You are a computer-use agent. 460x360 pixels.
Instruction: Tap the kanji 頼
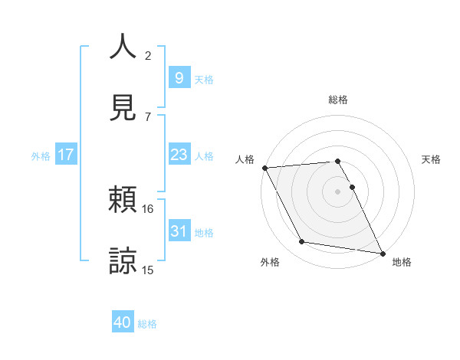pyautogui.click(x=123, y=201)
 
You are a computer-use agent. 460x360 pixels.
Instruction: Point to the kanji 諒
pyautogui.click(x=123, y=260)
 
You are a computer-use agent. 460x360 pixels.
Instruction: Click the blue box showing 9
pyautogui.click(x=179, y=77)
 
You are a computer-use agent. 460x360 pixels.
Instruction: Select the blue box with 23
pyautogui.click(x=179, y=155)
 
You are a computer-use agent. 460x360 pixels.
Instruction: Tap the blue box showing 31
pyautogui.click(x=179, y=231)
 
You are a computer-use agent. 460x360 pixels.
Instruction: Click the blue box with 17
pyautogui.click(x=66, y=155)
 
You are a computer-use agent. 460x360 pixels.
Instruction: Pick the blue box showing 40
pyautogui.click(x=123, y=323)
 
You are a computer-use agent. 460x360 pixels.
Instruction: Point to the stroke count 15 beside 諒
pyautogui.click(x=148, y=269)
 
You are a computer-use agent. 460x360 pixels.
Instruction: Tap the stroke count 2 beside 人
pyautogui.click(x=148, y=55)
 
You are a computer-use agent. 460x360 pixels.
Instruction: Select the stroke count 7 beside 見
pyautogui.click(x=148, y=116)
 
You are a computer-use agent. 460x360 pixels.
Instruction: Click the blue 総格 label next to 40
pyautogui.click(x=147, y=324)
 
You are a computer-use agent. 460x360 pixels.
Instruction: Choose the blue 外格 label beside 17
pyautogui.click(x=41, y=155)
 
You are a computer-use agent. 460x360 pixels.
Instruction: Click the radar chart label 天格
pyautogui.click(x=432, y=159)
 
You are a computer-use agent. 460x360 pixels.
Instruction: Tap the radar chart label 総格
pyautogui.click(x=338, y=100)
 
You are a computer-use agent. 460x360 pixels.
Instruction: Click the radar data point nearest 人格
pyautogui.click(x=264, y=168)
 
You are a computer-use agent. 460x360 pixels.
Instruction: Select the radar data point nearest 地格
pyautogui.click(x=381, y=252)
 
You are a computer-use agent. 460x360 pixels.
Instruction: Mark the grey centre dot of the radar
pyautogui.click(x=337, y=191)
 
